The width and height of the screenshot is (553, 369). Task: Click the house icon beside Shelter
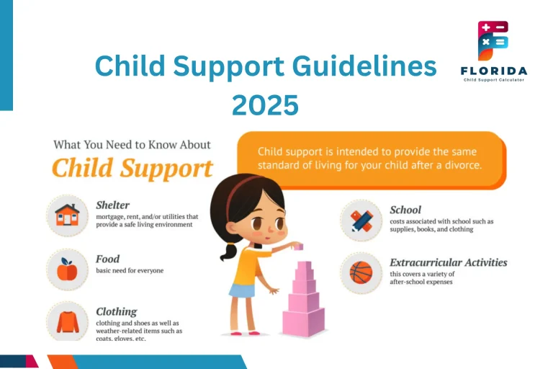(x=67, y=215)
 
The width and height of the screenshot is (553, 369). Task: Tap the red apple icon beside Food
(x=67, y=269)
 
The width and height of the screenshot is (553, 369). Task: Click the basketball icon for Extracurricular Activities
(x=361, y=272)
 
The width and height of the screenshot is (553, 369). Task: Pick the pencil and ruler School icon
(x=361, y=220)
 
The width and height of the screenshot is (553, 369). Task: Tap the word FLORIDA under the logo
(x=493, y=71)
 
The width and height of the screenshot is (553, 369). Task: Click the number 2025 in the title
(x=265, y=105)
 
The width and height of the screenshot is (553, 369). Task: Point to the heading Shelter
(x=112, y=205)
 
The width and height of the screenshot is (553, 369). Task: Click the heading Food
(x=108, y=259)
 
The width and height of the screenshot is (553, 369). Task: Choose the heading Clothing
(x=116, y=311)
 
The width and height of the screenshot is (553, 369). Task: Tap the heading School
(x=405, y=210)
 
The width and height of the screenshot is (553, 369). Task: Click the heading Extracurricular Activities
(x=448, y=262)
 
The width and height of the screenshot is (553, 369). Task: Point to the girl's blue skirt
(x=242, y=290)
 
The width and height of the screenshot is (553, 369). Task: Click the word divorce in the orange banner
(x=457, y=165)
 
